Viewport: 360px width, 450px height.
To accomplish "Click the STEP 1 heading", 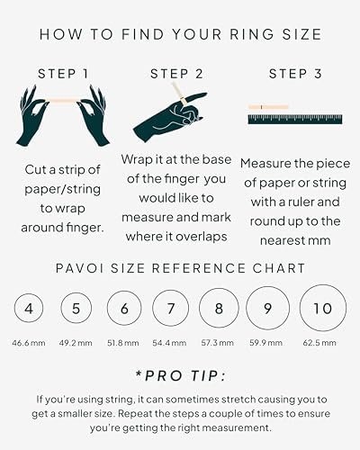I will [62, 72].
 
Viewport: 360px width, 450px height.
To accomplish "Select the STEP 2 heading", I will [176, 72].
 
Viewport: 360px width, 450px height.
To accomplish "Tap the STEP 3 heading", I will [289, 72].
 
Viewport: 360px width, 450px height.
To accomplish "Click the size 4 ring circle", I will [30, 310].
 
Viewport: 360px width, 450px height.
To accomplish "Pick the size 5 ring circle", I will [75, 310].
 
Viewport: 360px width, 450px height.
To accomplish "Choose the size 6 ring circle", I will [123, 310].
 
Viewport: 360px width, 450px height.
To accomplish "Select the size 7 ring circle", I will [171, 310].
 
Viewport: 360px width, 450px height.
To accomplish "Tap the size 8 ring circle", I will [220, 310].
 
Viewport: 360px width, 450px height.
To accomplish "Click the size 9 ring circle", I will [267, 310].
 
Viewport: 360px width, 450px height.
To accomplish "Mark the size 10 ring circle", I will [319, 310].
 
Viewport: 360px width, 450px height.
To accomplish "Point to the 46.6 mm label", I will [30, 344].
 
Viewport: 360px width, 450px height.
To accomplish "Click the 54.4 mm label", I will [171, 344].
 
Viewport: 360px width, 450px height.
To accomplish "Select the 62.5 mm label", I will [319, 344].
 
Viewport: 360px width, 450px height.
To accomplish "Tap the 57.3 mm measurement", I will [220, 344].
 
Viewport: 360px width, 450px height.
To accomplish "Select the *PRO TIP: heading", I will [180, 373].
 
